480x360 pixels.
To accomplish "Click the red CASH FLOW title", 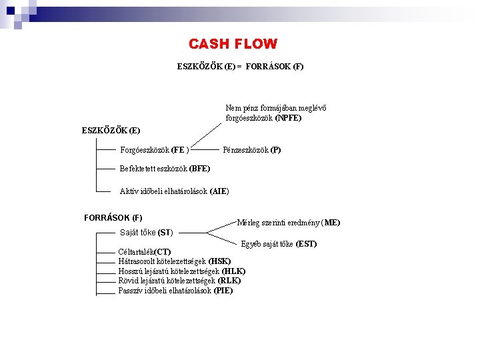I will point(233,45).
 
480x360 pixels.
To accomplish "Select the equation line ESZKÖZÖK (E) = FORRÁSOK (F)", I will point(240,67).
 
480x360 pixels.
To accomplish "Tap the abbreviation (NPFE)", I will point(288,118).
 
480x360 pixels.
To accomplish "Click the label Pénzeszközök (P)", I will point(251,150).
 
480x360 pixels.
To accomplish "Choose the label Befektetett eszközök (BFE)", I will point(165,169).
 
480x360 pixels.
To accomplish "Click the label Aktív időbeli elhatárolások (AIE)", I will point(174,191).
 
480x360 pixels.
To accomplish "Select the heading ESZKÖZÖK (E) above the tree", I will point(111,130).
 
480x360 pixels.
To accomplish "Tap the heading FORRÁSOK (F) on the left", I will point(113,217).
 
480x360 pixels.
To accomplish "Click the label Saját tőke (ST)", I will point(146,233).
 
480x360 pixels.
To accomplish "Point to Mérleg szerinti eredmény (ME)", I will point(289,223).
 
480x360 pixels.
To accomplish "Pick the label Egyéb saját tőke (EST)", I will point(278,244).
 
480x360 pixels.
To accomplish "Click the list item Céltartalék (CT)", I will point(144,252).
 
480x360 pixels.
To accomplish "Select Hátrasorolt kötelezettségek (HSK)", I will point(174,261).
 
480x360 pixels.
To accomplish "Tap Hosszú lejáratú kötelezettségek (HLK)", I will point(181,271).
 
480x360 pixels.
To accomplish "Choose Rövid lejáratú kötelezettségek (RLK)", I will point(179,281).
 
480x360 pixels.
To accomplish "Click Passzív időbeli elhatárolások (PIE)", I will point(175,291).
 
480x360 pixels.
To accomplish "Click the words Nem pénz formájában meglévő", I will point(276,108).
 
